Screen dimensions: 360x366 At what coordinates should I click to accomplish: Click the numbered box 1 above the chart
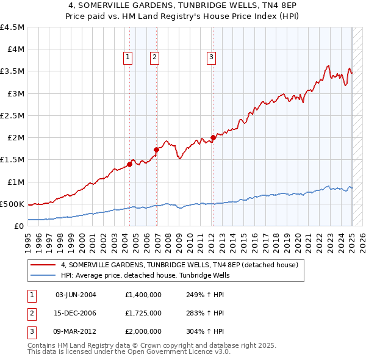point(128,57)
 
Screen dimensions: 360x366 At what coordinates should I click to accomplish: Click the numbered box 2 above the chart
point(155,57)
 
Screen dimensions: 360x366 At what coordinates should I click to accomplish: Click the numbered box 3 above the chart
point(211,57)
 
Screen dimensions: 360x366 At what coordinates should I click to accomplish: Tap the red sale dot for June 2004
point(129,164)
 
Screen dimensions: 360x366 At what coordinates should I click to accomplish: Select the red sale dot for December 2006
point(157,149)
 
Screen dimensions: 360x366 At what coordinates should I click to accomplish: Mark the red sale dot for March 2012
point(213,137)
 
